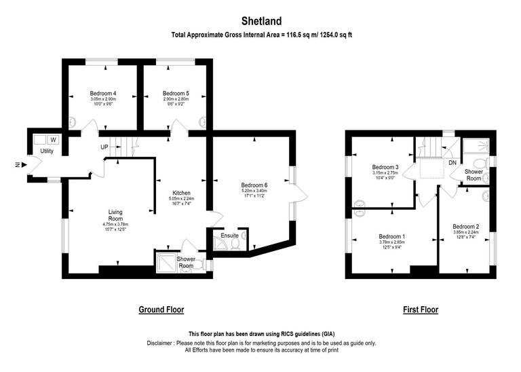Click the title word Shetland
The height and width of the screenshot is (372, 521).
pos(260,21)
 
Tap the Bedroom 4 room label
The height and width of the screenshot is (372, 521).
pos(103,93)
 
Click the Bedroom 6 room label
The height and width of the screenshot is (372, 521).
pos(254,185)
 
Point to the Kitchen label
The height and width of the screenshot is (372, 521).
pos(180,193)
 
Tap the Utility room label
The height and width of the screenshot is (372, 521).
pos(46,151)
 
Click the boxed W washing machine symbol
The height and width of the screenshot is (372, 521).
pos(53,140)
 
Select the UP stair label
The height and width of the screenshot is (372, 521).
pos(104,147)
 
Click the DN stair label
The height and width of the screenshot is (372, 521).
pos(452,163)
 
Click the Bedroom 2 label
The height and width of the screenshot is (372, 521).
pos(466,226)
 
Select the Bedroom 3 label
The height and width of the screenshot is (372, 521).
pos(385,167)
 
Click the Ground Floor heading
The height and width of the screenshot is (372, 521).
pos(161,310)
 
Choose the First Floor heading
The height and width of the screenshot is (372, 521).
pos(421,310)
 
